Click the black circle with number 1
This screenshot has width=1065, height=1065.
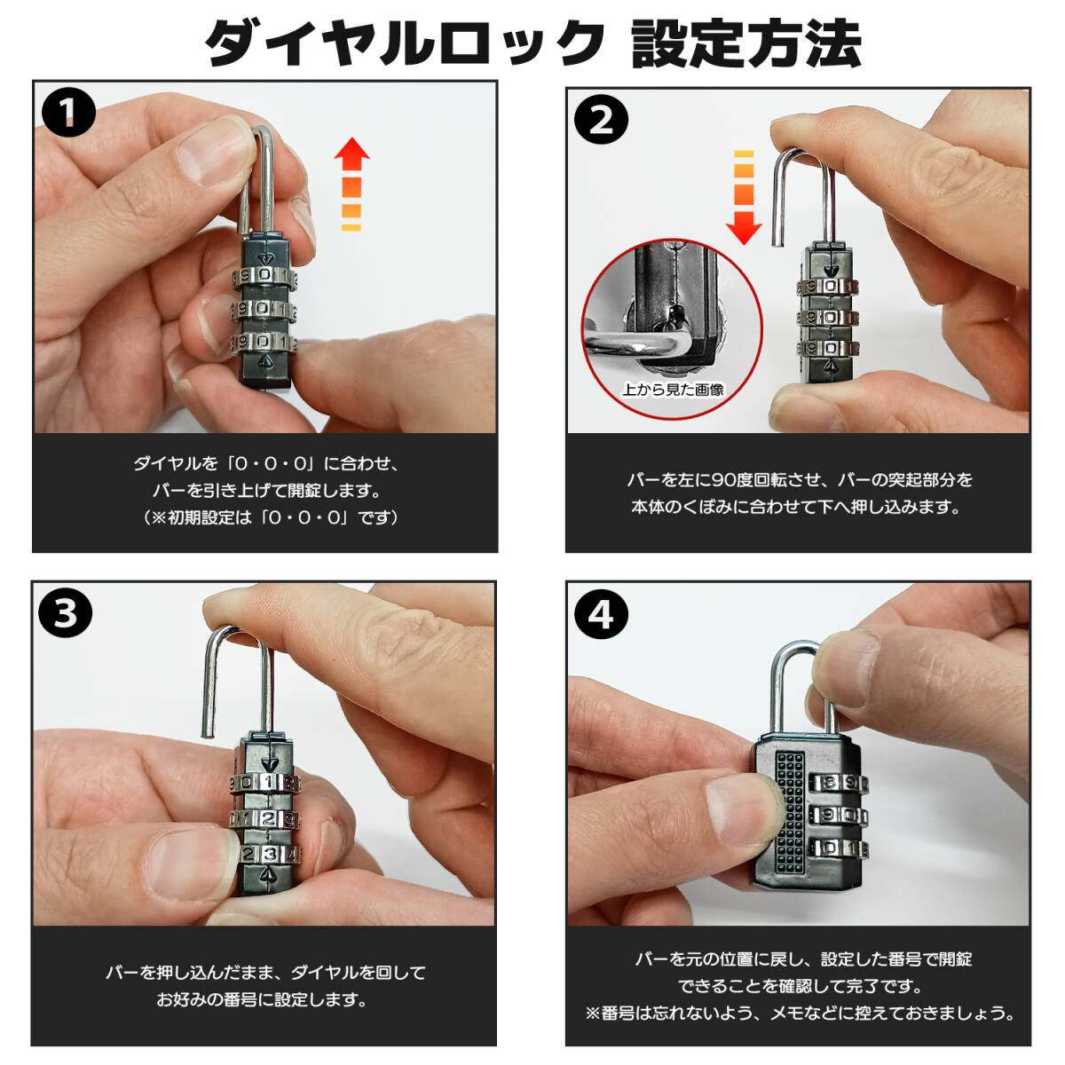pyautogui.click(x=68, y=112)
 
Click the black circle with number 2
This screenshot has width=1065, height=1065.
pyautogui.click(x=602, y=120)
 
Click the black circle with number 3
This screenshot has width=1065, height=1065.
pyautogui.click(x=65, y=613)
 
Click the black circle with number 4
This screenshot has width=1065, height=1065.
pyautogui.click(x=602, y=614)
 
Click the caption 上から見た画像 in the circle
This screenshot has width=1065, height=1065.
pyautogui.click(x=673, y=390)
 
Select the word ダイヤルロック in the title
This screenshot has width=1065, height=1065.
pyautogui.click(x=404, y=43)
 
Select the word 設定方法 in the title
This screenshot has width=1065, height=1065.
pyautogui.click(x=745, y=43)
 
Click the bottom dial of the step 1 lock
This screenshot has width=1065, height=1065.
pyautogui.click(x=264, y=343)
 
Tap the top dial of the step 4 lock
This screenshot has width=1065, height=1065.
pyautogui.click(x=839, y=783)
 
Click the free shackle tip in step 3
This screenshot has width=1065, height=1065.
pyautogui.click(x=208, y=735)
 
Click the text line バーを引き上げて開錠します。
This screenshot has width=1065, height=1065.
pyautogui.click(x=266, y=490)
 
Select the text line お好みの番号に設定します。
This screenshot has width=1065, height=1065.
pyautogui.click(x=262, y=1000)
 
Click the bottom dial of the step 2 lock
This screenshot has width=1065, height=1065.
pyautogui.click(x=828, y=349)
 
